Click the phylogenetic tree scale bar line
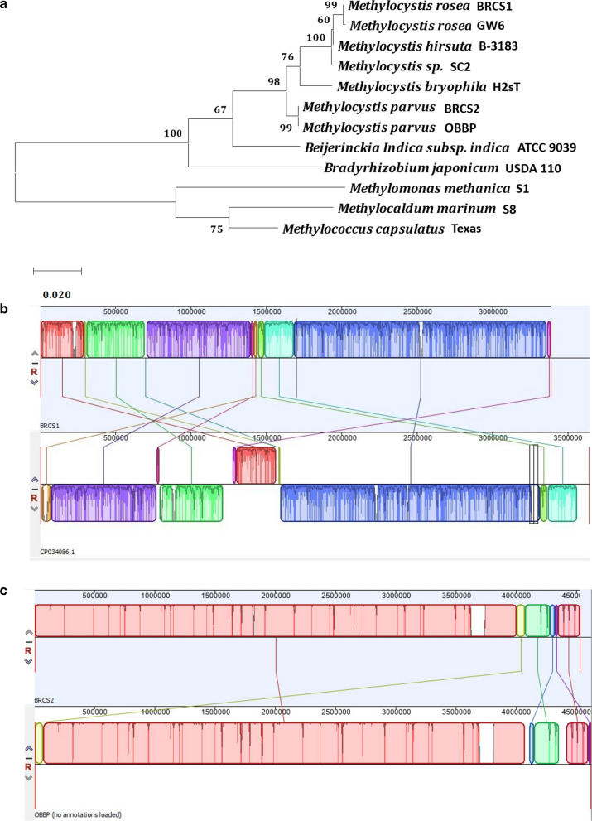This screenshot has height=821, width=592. [x=57, y=270]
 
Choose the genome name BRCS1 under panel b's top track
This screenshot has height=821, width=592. [x=51, y=423]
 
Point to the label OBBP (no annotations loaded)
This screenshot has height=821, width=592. [x=79, y=814]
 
